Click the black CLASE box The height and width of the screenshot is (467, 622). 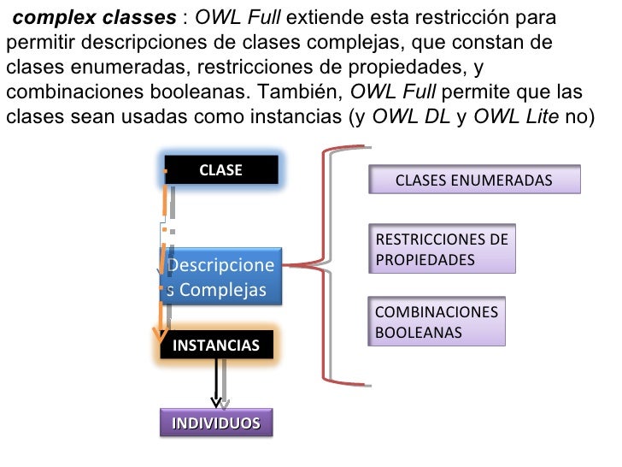point(221,170)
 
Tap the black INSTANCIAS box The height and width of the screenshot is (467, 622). point(216,346)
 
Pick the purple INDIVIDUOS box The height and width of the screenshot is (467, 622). point(216,423)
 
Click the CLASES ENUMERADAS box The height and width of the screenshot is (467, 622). point(474,180)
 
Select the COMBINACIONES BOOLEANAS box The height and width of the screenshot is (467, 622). point(437,322)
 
